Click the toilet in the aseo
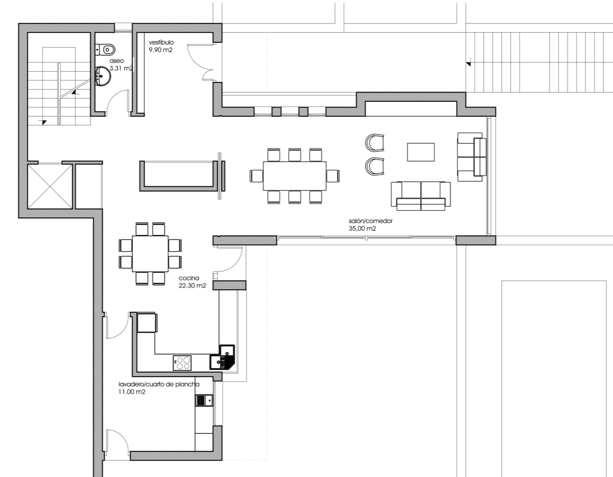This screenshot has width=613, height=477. [106, 50]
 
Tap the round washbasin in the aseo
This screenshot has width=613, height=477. [103, 75]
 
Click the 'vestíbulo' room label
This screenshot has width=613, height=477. [161, 42]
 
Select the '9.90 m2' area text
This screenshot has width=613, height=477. [160, 50]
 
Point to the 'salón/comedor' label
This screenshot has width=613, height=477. [370, 221]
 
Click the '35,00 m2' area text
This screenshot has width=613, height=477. [362, 229]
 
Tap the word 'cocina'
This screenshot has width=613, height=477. [189, 278]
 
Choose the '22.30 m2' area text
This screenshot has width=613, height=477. [192, 286]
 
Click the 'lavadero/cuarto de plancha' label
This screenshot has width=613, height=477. [159, 384]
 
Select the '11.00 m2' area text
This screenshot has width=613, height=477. [132, 392]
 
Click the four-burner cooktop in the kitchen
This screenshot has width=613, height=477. [182, 362]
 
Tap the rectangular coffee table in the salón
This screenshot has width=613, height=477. [421, 152]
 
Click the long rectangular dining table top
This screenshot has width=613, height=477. [295, 176]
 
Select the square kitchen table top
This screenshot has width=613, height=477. [150, 254]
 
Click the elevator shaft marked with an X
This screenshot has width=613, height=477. [51, 187]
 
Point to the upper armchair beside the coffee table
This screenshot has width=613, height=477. [375, 142]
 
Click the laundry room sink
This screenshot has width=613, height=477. [204, 400]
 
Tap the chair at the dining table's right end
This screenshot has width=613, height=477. [333, 176]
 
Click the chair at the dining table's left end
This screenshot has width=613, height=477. [256, 176]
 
